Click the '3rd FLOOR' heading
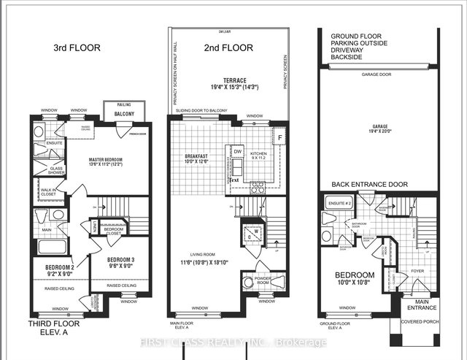(76, 48)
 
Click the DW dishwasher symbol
(239, 146)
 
